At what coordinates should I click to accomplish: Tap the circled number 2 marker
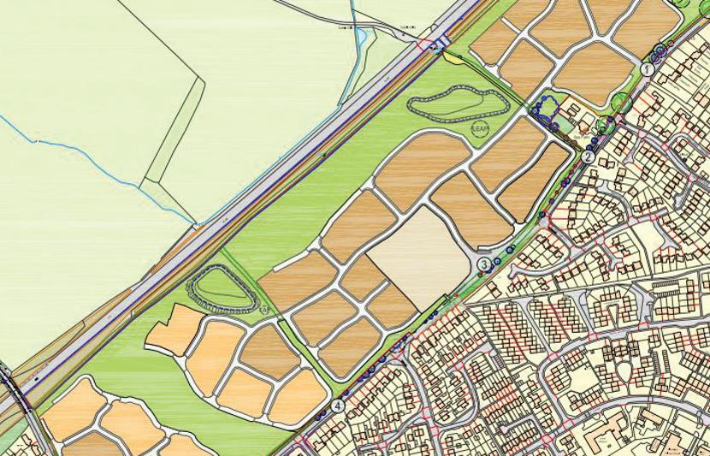589,157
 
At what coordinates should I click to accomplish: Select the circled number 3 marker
484,265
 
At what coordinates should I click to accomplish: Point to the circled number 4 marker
340,405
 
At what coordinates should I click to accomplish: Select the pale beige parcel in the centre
419,257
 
